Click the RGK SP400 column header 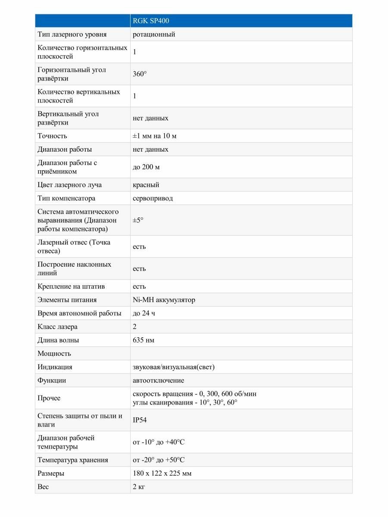click(x=147, y=21)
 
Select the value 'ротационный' click(x=154, y=34)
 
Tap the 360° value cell click(x=140, y=74)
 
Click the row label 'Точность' click(x=52, y=136)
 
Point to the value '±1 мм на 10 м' click(x=155, y=136)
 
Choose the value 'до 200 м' click(x=146, y=167)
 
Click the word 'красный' click(x=146, y=185)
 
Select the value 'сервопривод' click(x=153, y=199)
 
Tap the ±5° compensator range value click(x=138, y=220)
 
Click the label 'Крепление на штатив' click(x=71, y=287)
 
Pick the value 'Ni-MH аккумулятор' click(x=164, y=300)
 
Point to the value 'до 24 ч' click(x=144, y=313)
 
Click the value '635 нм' click(x=144, y=340)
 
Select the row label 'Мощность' click(x=54, y=354)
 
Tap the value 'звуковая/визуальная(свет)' click(x=174, y=367)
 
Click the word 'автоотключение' click(x=158, y=380)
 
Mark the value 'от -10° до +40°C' click(x=159, y=442)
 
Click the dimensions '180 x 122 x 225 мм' click(x=162, y=473)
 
